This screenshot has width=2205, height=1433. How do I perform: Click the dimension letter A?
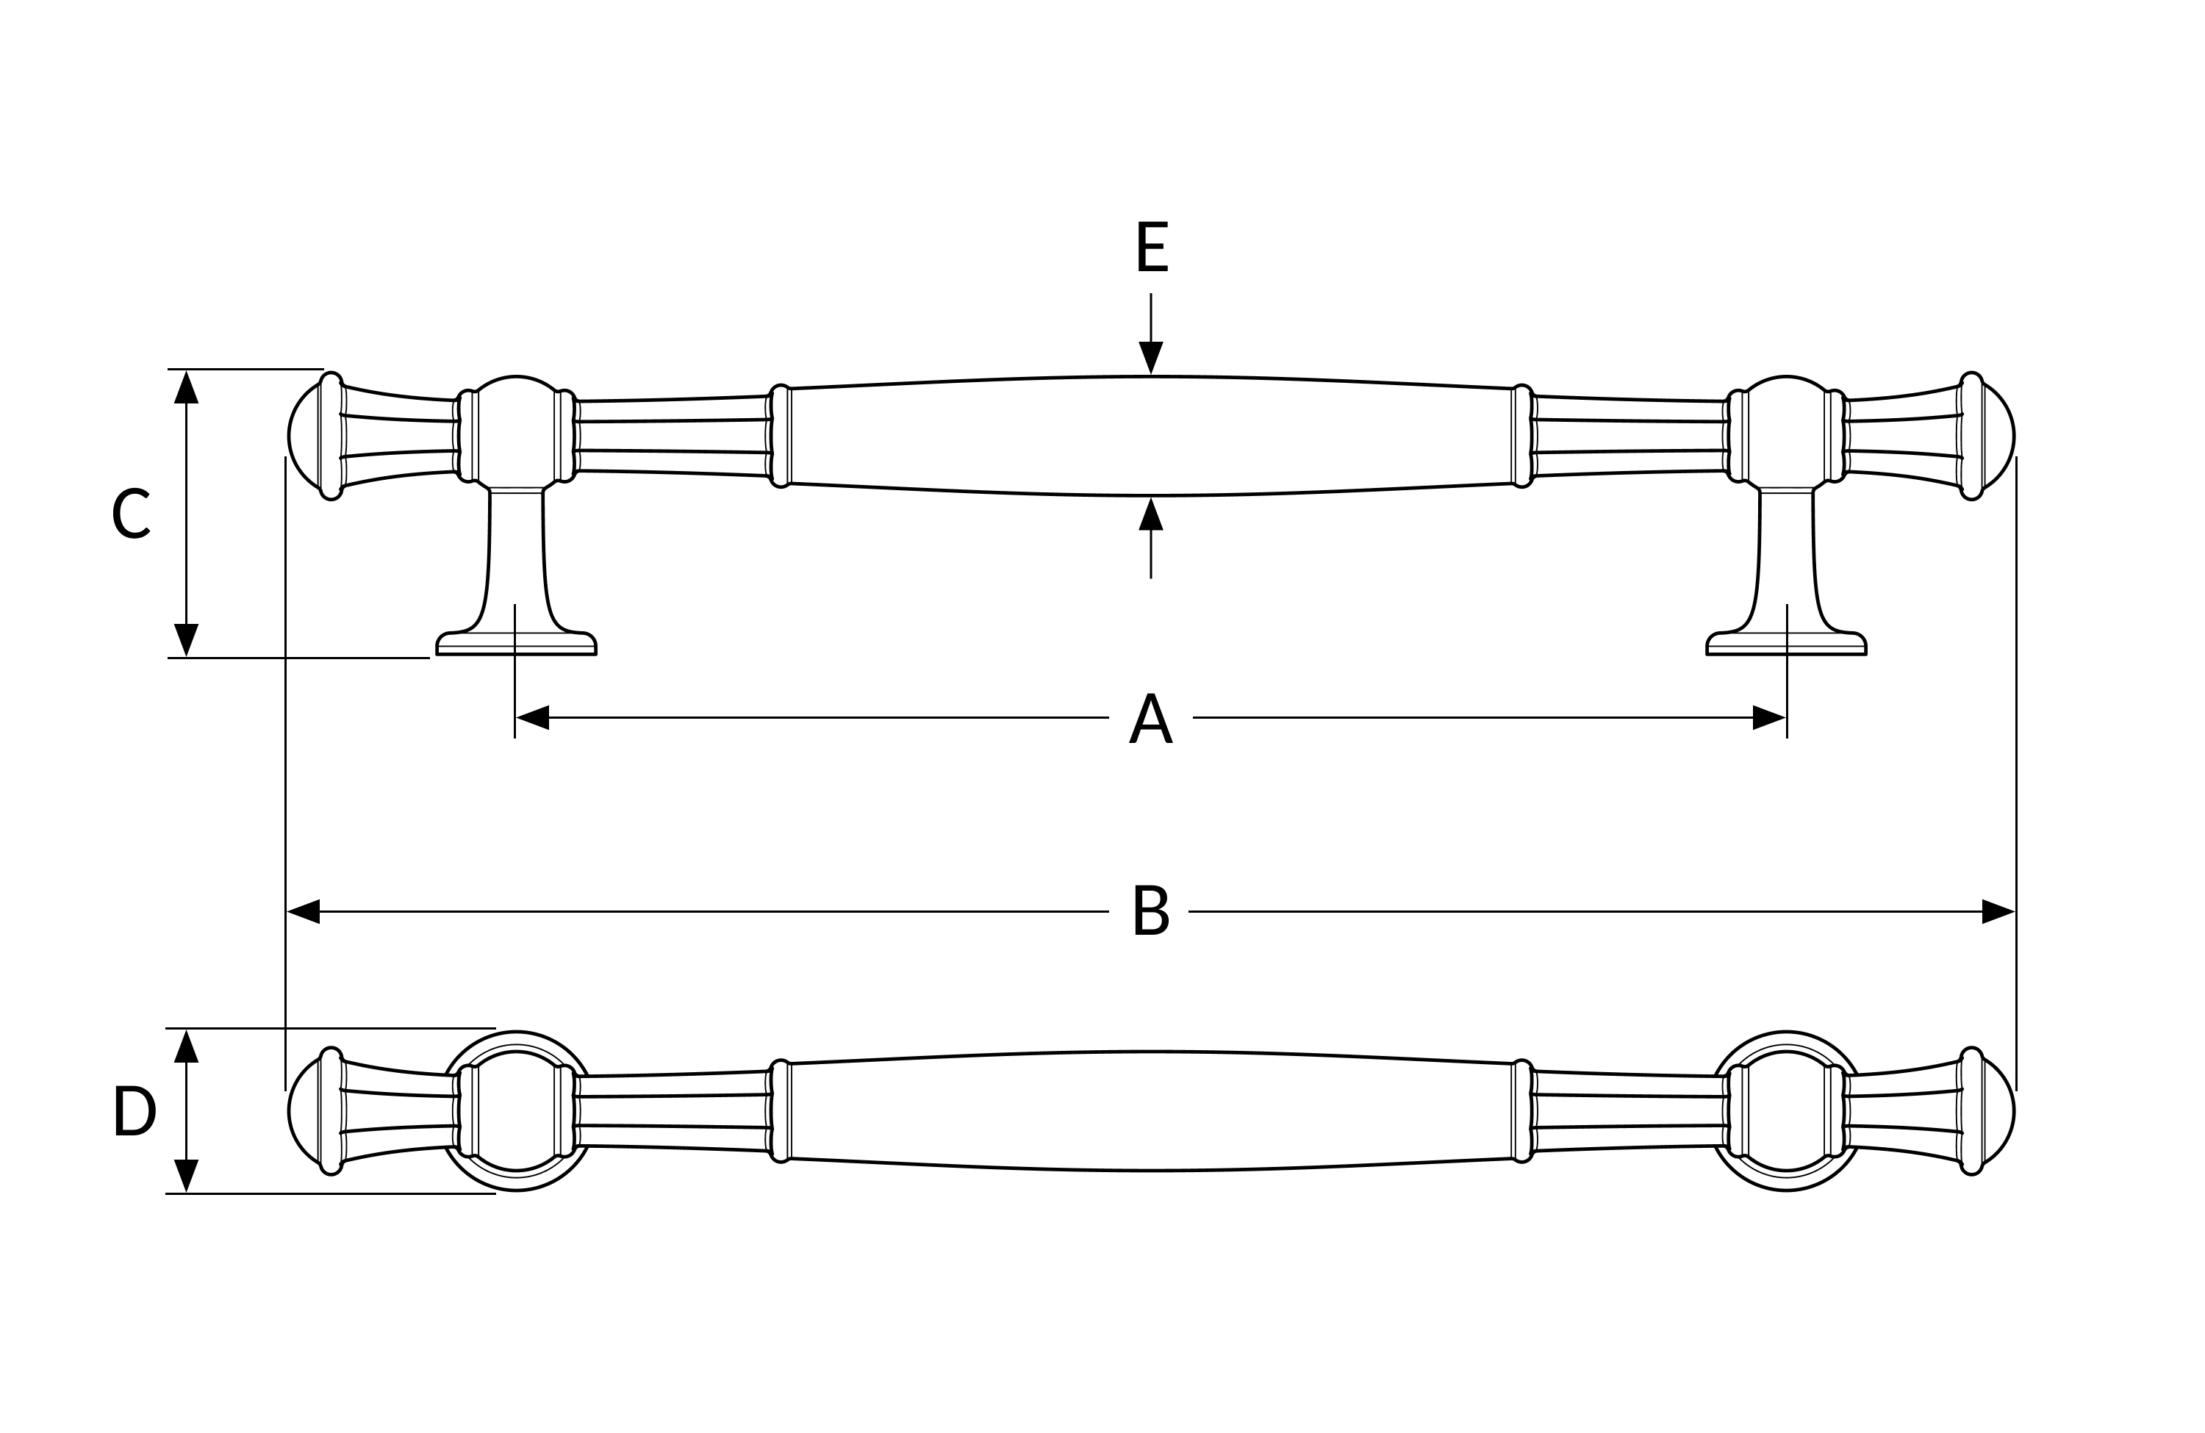(1151, 718)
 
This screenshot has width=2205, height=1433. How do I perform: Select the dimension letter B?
(1152, 911)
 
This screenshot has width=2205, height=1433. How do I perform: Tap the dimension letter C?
(131, 512)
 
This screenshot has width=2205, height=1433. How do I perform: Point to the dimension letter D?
(135, 1110)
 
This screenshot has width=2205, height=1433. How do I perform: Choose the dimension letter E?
(1152, 246)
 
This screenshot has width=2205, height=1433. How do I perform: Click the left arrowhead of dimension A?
(533, 718)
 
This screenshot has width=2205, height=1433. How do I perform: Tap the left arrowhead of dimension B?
(303, 911)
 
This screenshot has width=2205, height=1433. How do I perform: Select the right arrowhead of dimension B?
(1998, 911)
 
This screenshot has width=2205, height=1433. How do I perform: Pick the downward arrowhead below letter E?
(1151, 358)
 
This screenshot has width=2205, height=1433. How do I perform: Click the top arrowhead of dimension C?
(186, 387)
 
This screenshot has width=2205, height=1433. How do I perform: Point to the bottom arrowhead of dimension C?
(186, 640)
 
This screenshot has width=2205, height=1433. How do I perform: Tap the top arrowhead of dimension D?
(186, 1046)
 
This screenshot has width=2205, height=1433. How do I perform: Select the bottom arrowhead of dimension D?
(186, 1176)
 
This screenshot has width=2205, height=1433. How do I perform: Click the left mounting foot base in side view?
(516, 644)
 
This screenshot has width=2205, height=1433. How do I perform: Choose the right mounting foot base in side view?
(1786, 644)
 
